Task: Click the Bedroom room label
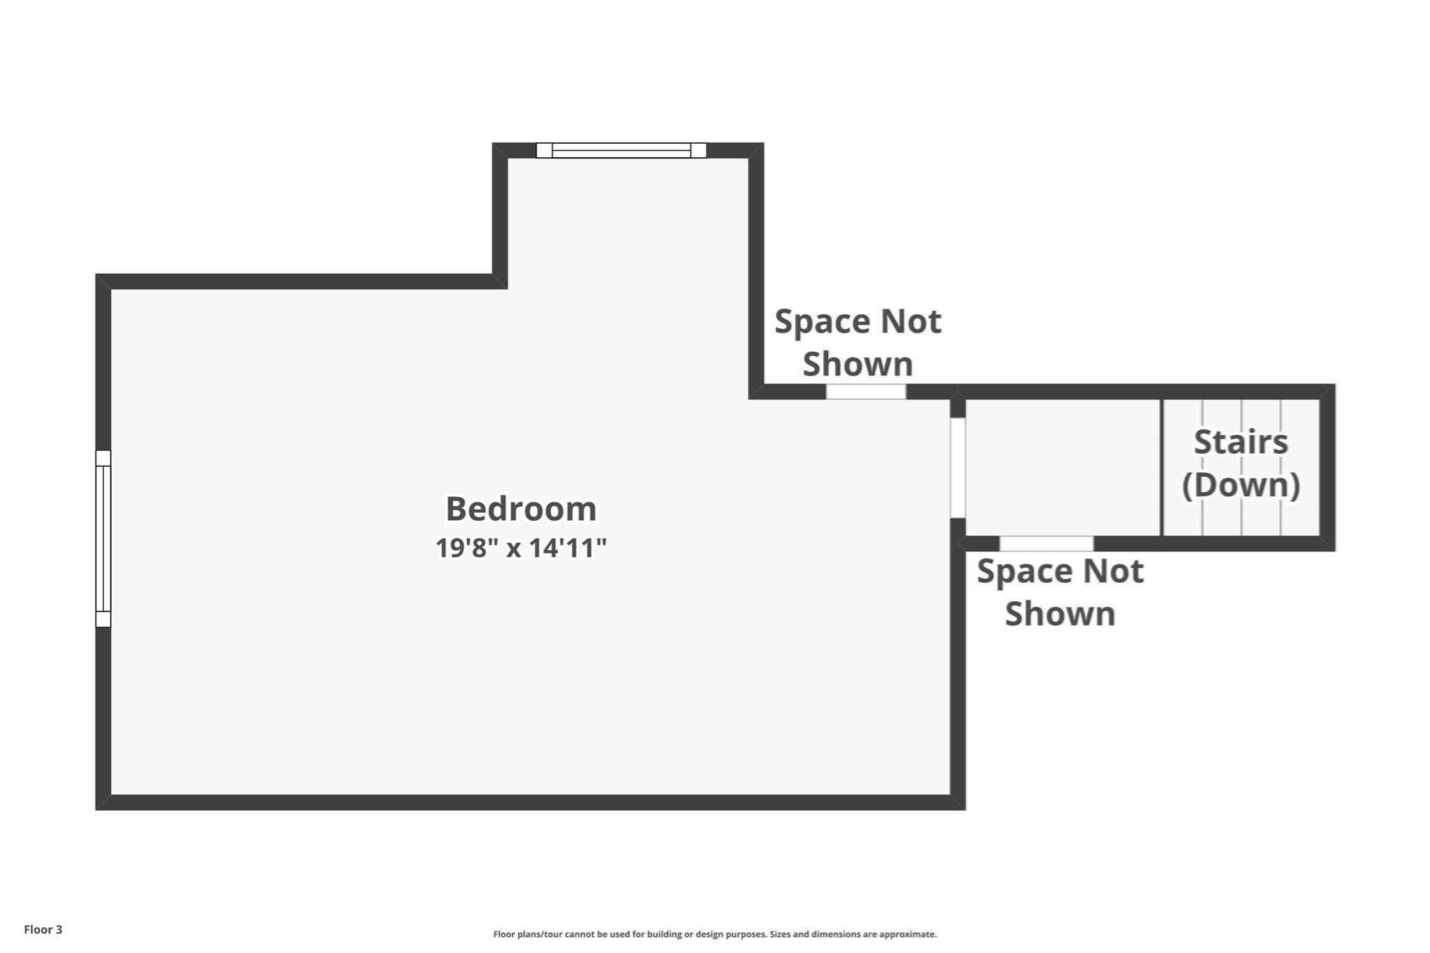click(521, 508)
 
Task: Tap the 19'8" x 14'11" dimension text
click(521, 548)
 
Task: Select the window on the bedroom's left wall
click(103, 538)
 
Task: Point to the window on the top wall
click(621, 150)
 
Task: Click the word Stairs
click(1241, 442)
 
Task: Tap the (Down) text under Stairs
click(1241, 485)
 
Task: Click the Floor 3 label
click(43, 929)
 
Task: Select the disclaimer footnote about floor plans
click(715, 934)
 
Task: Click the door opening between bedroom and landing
click(958, 468)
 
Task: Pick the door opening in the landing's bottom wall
click(1046, 543)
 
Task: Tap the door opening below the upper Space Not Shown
click(866, 392)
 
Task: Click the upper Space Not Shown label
click(857, 343)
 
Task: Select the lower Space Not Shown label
click(1060, 592)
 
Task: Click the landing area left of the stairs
click(1063, 467)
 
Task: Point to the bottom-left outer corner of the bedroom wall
click(96, 809)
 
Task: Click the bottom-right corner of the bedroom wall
click(965, 809)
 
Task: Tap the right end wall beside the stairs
click(1327, 467)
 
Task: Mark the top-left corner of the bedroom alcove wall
click(493, 143)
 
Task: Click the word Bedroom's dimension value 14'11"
click(568, 548)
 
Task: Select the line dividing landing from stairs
click(1162, 467)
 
